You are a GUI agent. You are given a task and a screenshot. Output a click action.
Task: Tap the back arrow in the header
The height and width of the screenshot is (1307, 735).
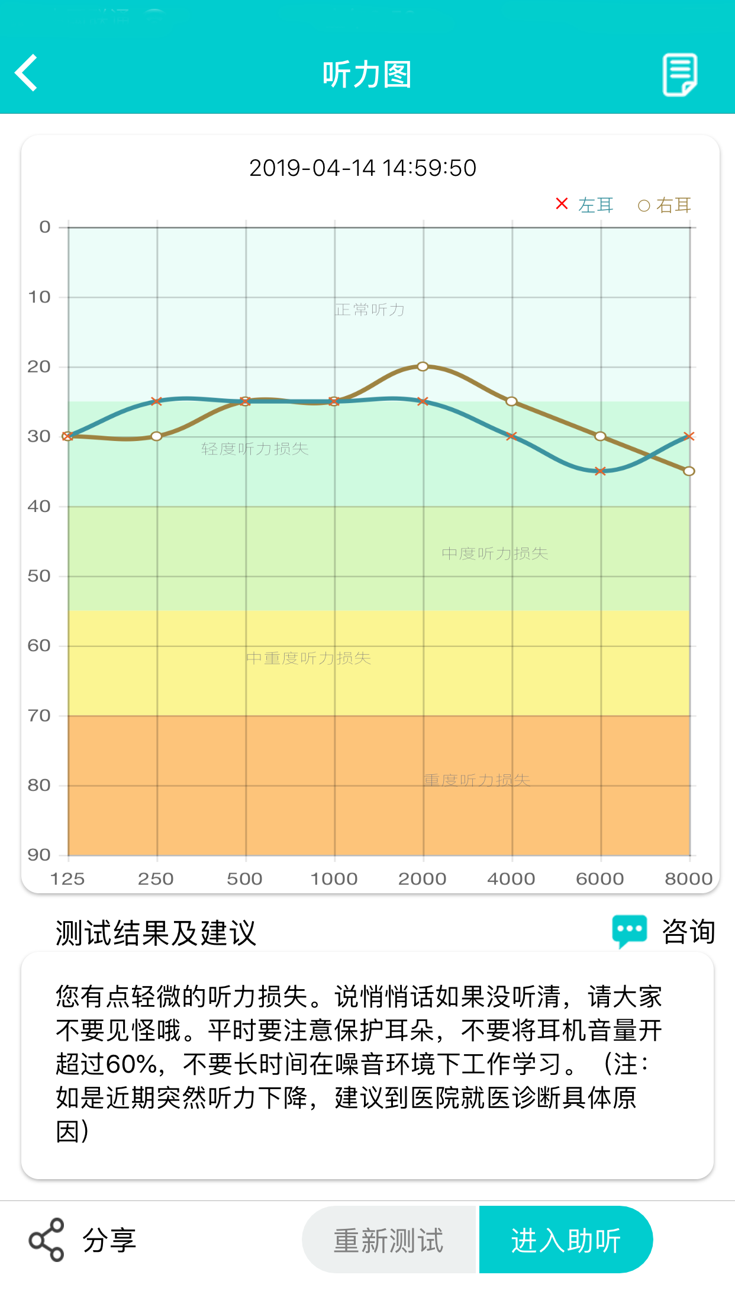pos(27,73)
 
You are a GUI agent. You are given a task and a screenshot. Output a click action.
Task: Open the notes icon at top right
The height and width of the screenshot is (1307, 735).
pos(679,74)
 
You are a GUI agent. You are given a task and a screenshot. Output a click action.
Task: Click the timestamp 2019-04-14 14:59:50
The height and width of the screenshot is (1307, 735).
pos(363,168)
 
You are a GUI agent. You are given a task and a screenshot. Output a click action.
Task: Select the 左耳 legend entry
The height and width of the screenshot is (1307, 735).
pos(585,205)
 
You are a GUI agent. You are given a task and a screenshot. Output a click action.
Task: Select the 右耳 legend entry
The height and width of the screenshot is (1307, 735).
pos(665,205)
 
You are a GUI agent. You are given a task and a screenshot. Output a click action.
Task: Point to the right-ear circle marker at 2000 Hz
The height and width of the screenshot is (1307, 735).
pos(423,366)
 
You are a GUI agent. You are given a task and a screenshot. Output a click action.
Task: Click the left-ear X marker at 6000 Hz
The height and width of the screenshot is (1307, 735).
pos(600,471)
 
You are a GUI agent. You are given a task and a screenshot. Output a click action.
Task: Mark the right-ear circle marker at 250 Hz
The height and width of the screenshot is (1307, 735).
pos(156,436)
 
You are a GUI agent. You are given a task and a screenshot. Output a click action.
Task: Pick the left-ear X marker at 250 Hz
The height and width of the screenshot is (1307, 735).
pos(156,401)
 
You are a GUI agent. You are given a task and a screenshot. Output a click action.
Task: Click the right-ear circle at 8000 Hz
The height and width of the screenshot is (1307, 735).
pos(689,471)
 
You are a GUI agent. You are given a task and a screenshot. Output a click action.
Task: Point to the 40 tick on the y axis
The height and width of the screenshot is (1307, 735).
pos(39,506)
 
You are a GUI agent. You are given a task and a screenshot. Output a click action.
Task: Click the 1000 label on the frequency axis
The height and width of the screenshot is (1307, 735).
pos(334,879)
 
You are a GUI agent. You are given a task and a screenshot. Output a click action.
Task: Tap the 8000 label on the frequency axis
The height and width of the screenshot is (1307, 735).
pos(688,879)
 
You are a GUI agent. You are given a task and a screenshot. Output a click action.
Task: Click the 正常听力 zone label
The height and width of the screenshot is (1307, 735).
pos(370,310)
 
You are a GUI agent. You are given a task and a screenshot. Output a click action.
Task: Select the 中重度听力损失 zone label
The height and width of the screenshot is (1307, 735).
pos(308,658)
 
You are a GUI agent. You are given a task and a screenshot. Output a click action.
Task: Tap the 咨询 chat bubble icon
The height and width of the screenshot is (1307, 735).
pos(629,931)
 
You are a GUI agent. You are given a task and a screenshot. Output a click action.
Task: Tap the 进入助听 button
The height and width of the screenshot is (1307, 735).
pos(566,1240)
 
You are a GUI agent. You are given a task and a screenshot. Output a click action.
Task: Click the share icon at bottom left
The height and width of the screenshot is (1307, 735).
pos(46,1240)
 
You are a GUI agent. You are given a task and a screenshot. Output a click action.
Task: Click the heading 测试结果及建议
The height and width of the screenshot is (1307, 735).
pos(156,933)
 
